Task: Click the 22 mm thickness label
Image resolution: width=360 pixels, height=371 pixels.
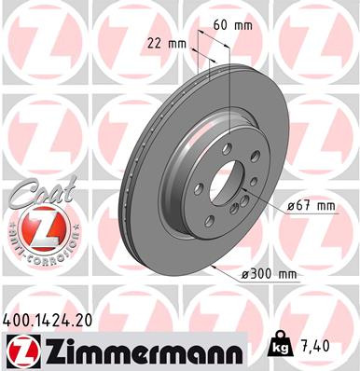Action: click(168, 43)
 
